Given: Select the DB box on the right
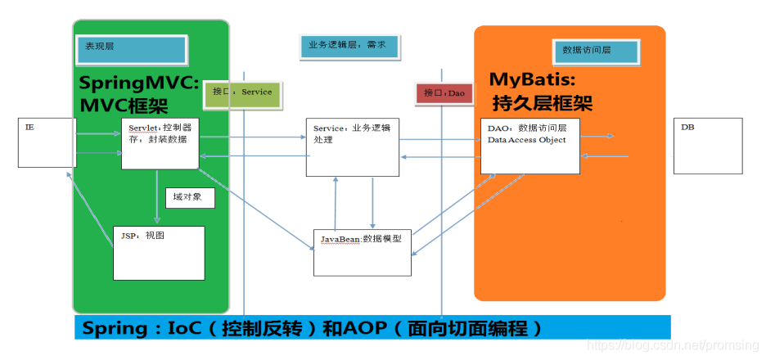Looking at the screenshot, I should (708, 146).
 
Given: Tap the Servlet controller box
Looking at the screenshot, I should (160, 144).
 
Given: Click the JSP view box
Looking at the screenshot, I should (159, 253).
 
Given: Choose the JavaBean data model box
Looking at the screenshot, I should (363, 252).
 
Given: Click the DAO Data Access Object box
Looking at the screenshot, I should (529, 146).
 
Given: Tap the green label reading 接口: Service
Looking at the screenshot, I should (241, 92).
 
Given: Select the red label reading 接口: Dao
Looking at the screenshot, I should (444, 93).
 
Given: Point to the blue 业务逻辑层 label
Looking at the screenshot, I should (348, 46).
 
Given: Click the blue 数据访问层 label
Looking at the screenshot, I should (594, 51).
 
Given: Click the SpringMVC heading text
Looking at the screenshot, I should (139, 83).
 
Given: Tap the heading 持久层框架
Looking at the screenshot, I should (541, 103).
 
